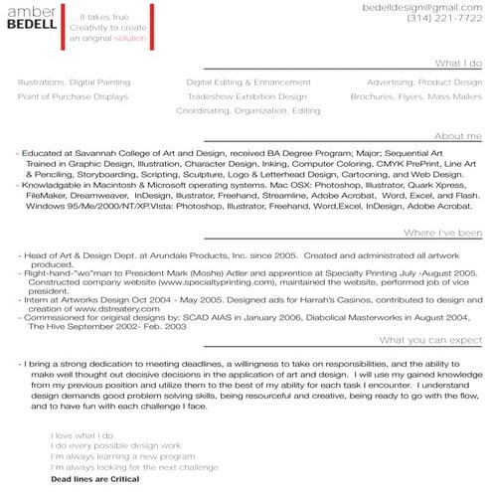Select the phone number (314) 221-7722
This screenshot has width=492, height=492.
tap(447, 19)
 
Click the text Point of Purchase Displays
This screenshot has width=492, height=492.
tap(73, 97)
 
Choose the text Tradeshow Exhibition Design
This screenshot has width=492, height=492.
tap(247, 97)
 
